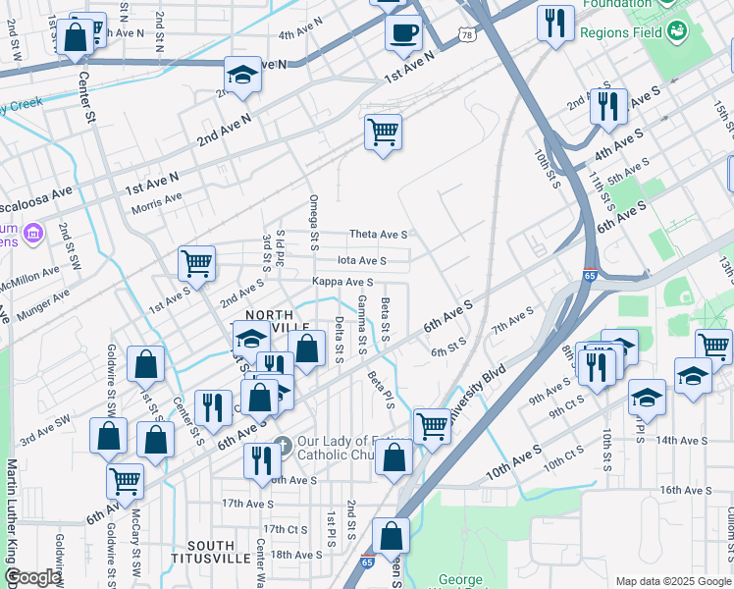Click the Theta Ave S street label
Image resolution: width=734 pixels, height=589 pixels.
click(x=378, y=235)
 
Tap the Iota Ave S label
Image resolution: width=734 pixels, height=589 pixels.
click(x=361, y=260)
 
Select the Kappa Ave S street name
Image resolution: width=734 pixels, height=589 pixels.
click(x=341, y=282)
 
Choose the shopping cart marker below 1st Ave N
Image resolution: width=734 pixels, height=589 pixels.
click(x=383, y=132)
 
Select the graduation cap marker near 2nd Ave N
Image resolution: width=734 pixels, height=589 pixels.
click(x=240, y=76)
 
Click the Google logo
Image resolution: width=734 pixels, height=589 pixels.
click(x=31, y=577)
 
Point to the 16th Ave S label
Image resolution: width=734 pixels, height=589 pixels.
click(x=685, y=490)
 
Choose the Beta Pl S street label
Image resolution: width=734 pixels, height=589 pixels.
click(x=381, y=387)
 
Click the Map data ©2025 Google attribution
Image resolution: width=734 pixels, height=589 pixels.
click(x=672, y=581)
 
